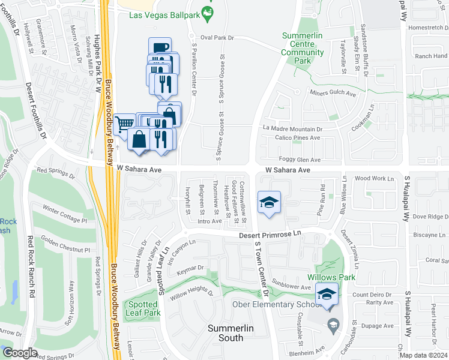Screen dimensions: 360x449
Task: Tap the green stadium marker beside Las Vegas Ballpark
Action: (x=208, y=13)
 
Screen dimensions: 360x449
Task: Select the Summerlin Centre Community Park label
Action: (x=303, y=48)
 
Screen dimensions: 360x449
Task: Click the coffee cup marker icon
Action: (x=160, y=48)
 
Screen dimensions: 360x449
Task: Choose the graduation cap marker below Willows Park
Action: (x=327, y=294)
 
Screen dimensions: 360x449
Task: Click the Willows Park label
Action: (x=331, y=277)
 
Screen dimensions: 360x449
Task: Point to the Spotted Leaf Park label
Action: (x=143, y=308)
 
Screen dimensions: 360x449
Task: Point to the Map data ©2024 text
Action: (x=423, y=355)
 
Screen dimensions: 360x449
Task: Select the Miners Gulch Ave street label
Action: (x=333, y=94)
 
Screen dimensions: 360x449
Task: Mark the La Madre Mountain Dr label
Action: (x=293, y=128)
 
